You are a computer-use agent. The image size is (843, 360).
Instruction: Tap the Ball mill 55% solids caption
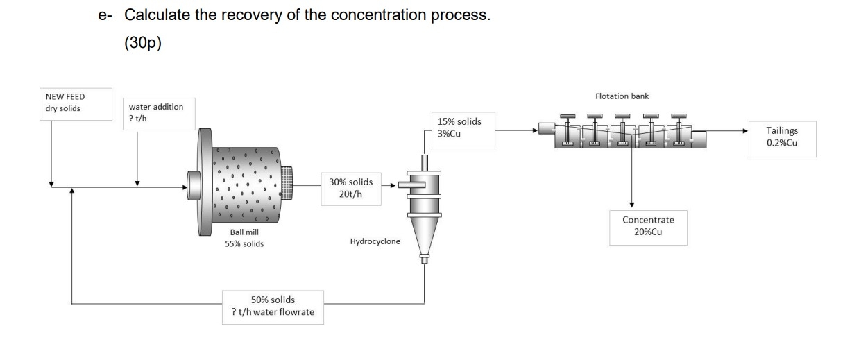click(x=244, y=239)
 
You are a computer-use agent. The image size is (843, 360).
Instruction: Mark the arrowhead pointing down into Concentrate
click(x=631, y=203)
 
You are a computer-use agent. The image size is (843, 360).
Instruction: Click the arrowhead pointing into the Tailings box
click(x=745, y=130)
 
